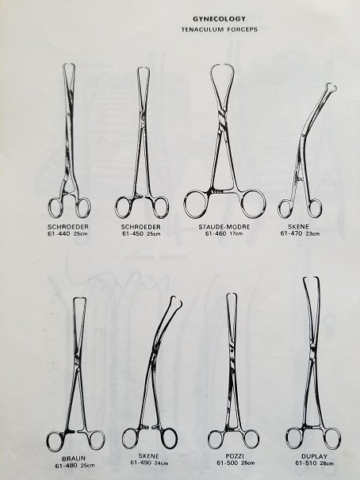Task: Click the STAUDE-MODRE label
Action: (x=224, y=227)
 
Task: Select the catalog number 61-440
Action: (x=59, y=234)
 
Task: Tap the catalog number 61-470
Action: (x=291, y=233)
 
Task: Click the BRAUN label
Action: (x=74, y=459)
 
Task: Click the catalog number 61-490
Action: (x=142, y=463)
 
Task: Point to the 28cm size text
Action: (x=327, y=463)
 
